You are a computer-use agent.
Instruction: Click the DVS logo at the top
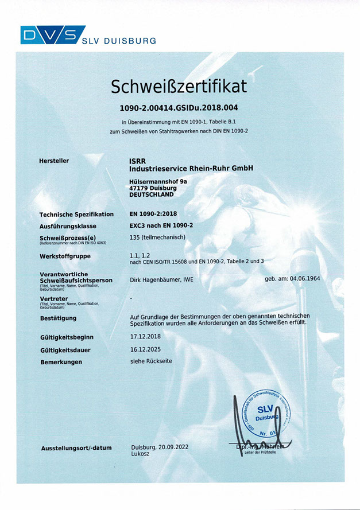52,34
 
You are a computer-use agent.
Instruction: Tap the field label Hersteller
54,161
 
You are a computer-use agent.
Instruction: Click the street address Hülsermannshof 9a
159,181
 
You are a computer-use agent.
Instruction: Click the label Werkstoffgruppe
65,256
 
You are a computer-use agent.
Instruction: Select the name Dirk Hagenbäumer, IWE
164,280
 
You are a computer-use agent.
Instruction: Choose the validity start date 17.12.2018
147,337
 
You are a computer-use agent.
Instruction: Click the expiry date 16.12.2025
147,349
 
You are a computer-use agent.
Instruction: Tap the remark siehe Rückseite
151,361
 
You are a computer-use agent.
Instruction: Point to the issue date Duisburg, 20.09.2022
159,447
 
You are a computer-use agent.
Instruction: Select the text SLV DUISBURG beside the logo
118,41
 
